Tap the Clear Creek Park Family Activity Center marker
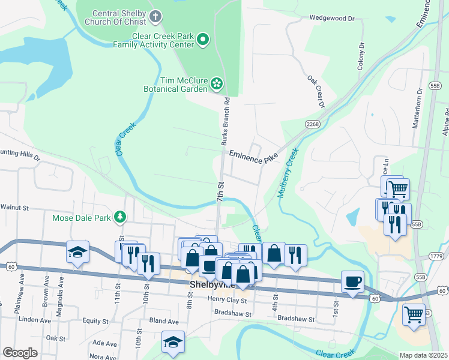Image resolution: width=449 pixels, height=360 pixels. (x=203, y=40)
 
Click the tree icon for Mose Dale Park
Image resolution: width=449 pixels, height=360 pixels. (x=121, y=217)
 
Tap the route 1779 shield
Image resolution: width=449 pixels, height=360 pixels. (x=436, y=256)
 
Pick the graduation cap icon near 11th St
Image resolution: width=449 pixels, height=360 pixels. (x=78, y=252)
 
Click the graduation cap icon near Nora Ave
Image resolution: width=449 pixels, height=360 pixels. (x=173, y=341)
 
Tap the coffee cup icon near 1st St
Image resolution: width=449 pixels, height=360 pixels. (x=352, y=281)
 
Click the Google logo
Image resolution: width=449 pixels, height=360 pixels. (x=20, y=353)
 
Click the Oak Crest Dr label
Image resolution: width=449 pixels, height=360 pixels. (x=316, y=92)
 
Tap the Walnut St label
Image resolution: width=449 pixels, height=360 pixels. (x=15, y=207)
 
